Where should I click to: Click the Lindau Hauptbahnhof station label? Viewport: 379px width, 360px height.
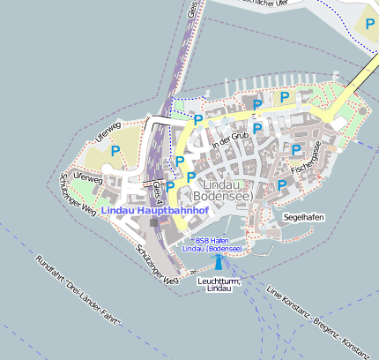click(154, 212)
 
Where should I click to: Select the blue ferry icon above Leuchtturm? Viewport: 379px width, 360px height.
click(219, 263)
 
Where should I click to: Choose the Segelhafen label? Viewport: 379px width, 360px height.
click(303, 216)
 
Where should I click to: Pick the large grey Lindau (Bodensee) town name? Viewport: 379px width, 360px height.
click(221, 190)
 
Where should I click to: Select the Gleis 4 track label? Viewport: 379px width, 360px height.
click(157, 191)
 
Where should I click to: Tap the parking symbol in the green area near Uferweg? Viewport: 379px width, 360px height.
click(115, 151)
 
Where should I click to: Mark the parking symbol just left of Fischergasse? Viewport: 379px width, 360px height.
click(296, 150)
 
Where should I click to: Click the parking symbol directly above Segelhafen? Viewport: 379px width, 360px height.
click(282, 185)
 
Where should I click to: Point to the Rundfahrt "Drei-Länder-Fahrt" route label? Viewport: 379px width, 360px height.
click(78, 292)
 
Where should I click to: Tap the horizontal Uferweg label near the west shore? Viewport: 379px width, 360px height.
click(89, 178)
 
